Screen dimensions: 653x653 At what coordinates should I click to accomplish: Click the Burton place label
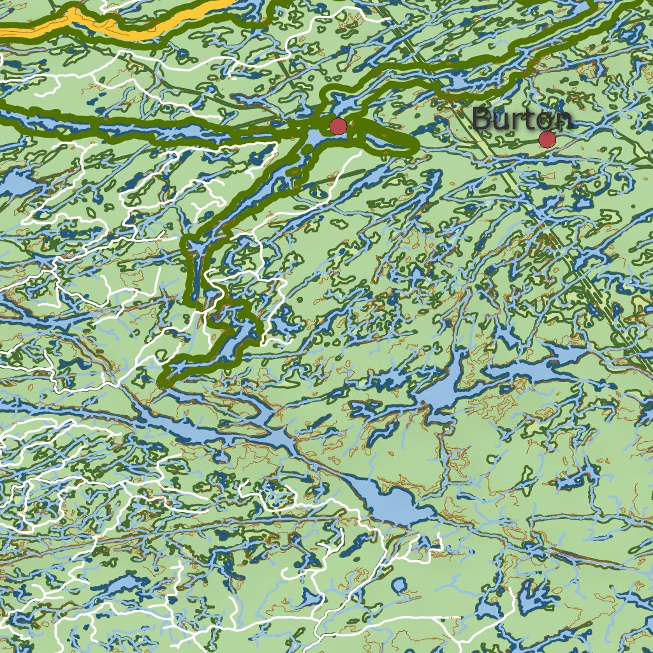pyautogui.click(x=522, y=119)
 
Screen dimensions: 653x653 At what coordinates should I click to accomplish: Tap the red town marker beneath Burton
pyautogui.click(x=547, y=139)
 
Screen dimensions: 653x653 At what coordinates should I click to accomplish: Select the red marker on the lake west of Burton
pyautogui.click(x=337, y=126)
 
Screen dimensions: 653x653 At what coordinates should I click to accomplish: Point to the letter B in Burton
pyautogui.click(x=482, y=119)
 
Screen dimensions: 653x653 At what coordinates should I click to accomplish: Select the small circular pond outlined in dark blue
pyautogui.click(x=399, y=585)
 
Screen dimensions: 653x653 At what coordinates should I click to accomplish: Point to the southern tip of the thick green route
pyautogui.click(x=163, y=382)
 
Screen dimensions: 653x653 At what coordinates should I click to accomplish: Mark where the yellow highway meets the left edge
pyautogui.click(x=2, y=29)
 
